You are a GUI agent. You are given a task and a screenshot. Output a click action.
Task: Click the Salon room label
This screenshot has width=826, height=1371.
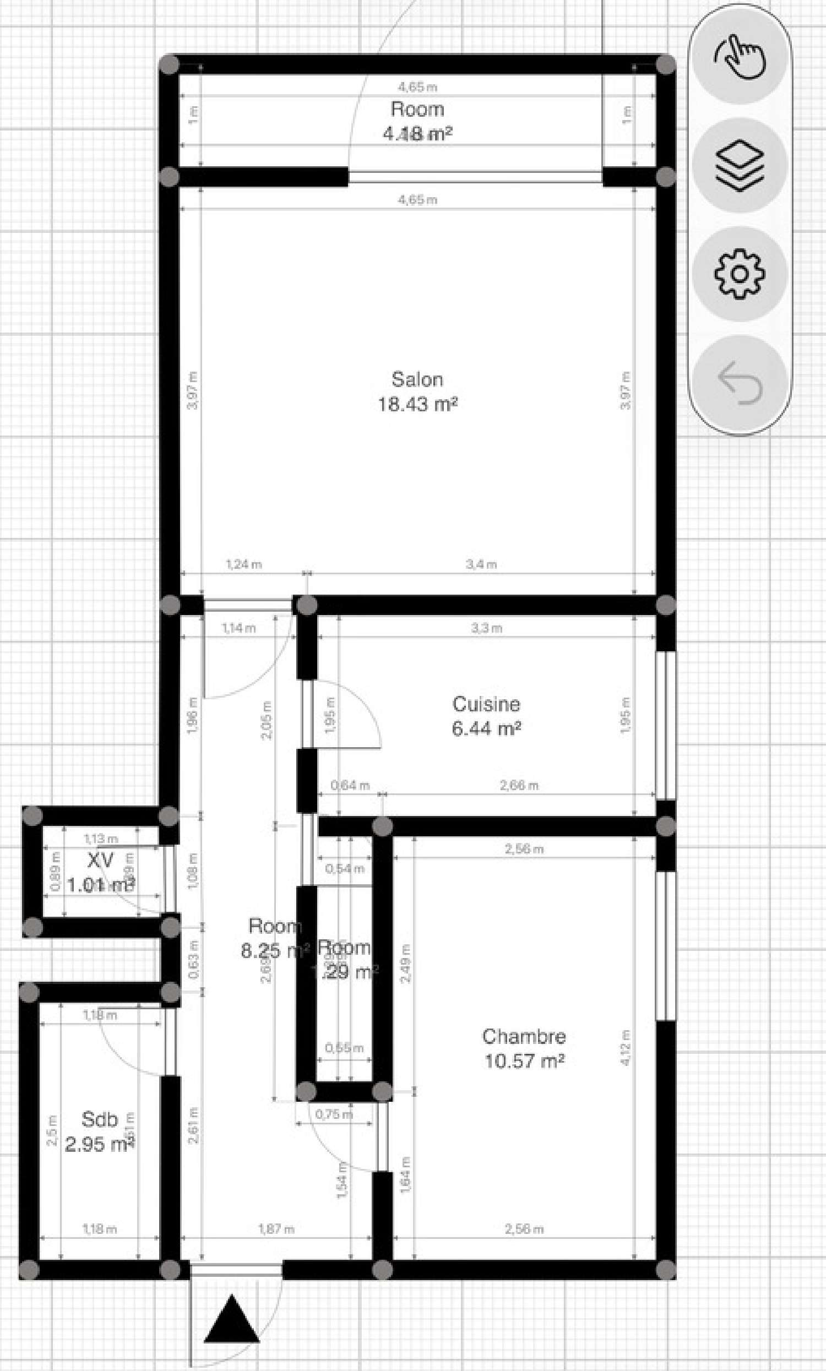417,379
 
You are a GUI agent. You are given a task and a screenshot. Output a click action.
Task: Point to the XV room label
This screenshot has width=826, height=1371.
100,861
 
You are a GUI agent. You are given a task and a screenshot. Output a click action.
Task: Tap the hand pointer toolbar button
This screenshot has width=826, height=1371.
740,57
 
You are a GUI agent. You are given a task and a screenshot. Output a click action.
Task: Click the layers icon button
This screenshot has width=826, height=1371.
740,165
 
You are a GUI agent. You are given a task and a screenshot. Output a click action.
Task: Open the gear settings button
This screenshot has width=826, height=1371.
740,274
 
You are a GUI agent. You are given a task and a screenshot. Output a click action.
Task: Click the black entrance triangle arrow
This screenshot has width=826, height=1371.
231,1320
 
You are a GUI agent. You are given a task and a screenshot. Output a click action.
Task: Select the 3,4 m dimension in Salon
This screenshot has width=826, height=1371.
481,564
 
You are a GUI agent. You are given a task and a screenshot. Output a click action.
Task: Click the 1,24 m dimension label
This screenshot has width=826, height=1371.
243,564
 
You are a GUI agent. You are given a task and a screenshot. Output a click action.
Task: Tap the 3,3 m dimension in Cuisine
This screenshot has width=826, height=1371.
486,628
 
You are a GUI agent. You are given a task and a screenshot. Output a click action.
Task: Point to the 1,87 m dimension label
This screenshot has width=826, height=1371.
276,1228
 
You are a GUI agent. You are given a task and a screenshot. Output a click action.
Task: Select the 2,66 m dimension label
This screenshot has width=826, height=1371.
519,785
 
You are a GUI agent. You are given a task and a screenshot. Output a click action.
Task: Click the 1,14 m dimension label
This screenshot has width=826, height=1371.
239,628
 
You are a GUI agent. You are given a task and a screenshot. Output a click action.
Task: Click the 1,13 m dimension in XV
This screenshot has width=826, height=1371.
101,839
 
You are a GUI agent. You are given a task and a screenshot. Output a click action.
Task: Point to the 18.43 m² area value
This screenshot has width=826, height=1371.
417,405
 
